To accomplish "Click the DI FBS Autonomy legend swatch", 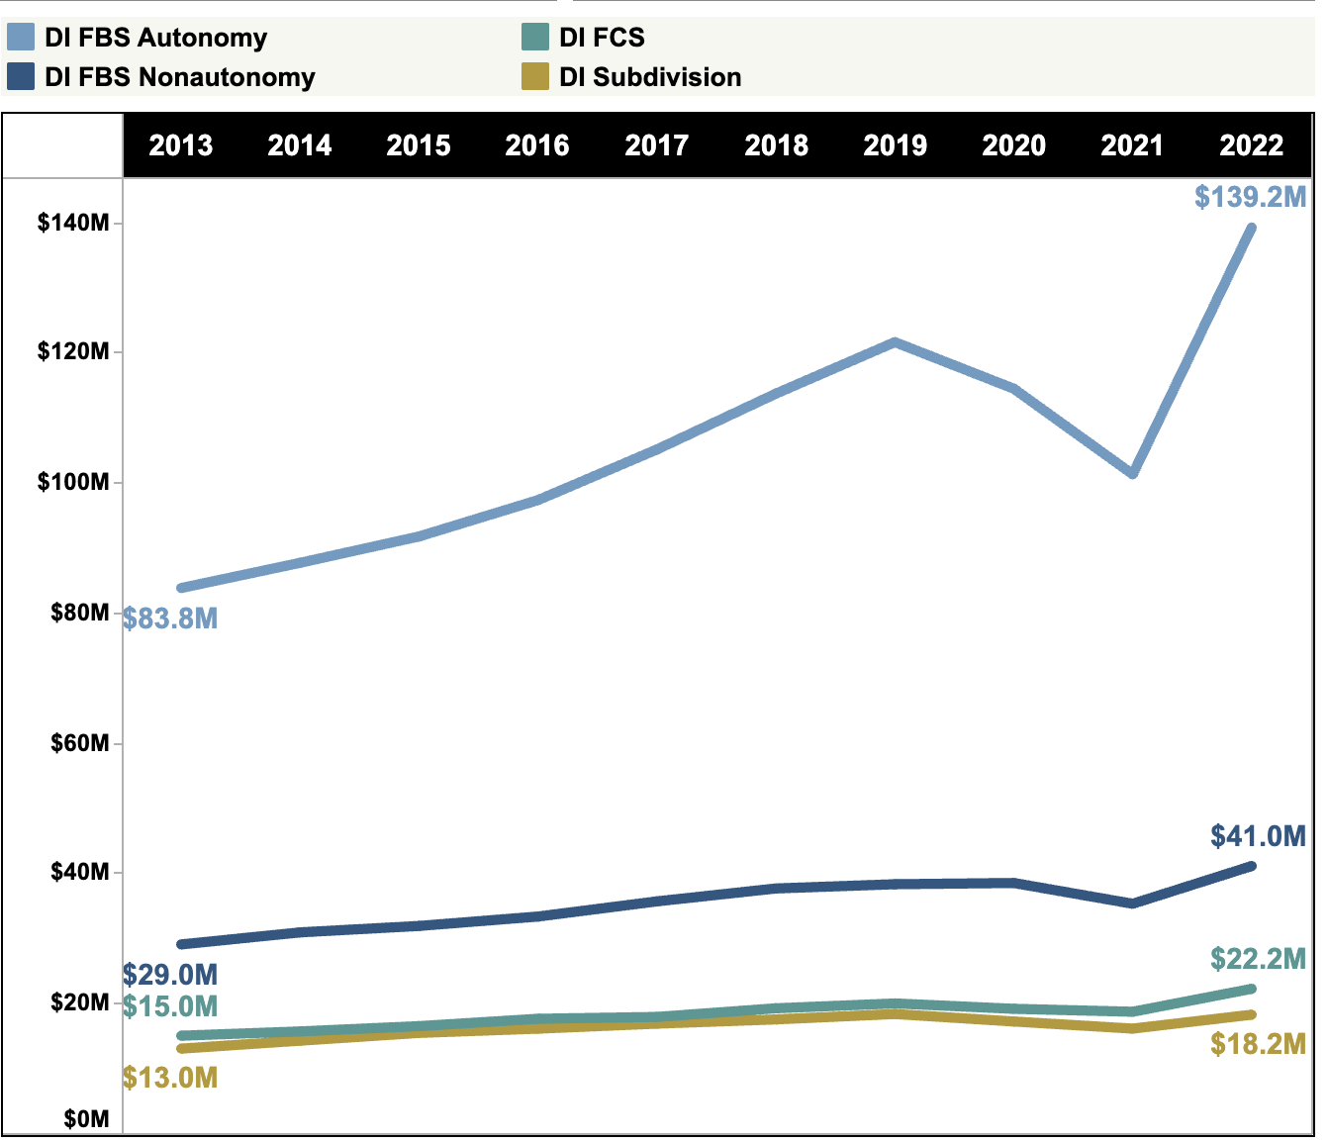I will (x=21, y=38).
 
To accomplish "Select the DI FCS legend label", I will (x=602, y=38).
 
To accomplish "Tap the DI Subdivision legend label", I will (x=650, y=77).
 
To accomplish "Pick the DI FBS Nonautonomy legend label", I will (x=179, y=77).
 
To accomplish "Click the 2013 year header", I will (x=181, y=145).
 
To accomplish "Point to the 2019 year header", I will (x=895, y=145).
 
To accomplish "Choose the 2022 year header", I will (x=1251, y=145).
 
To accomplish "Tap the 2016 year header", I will (x=537, y=145).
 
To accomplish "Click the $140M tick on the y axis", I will (x=73, y=223).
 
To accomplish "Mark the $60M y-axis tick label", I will (x=79, y=743).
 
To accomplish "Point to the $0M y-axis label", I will (x=86, y=1119).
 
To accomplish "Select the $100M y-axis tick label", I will (x=73, y=483).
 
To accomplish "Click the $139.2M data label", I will (x=1250, y=197).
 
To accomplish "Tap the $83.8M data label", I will (x=170, y=619).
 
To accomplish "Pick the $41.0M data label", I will (x=1258, y=836).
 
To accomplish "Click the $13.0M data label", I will (x=170, y=1078).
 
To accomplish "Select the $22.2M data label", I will (x=1258, y=959).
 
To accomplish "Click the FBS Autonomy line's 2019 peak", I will (x=895, y=342).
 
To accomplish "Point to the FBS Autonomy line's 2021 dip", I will (x=1132, y=474).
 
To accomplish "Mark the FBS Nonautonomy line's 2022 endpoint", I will (x=1252, y=866).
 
